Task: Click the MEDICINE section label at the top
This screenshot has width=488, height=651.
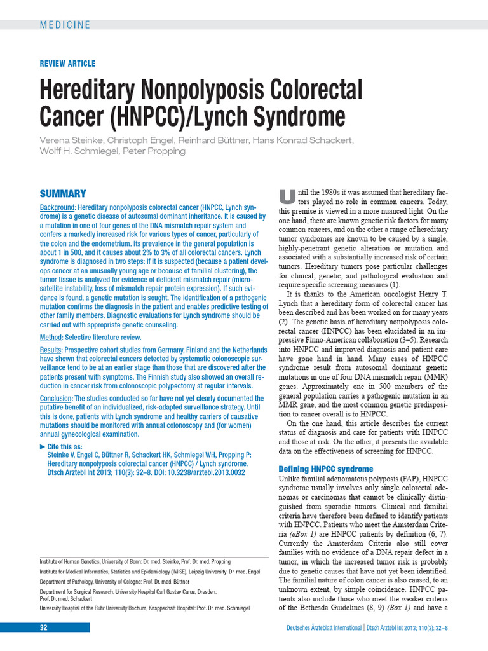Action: click(x=65, y=25)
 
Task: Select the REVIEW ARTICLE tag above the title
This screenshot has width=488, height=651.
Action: click(x=67, y=64)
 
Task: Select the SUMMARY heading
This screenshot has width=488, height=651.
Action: click(x=63, y=193)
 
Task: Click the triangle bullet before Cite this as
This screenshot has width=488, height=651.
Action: click(x=43, y=448)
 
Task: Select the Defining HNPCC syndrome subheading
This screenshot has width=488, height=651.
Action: click(x=326, y=469)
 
